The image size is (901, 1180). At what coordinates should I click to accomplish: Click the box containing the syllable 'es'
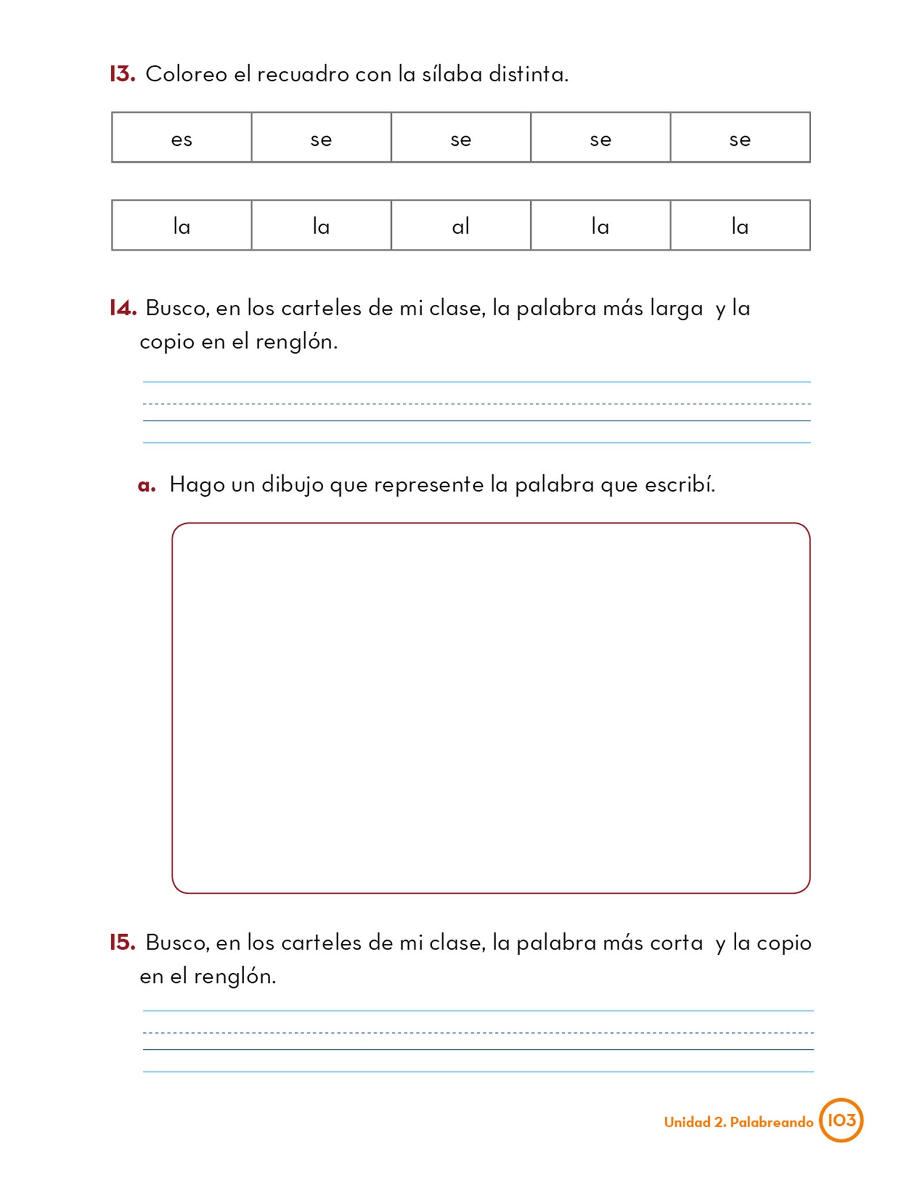pyautogui.click(x=181, y=138)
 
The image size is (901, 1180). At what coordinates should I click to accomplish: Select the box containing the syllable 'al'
pyautogui.click(x=460, y=225)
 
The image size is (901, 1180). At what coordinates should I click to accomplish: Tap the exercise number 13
pyautogui.click(x=122, y=74)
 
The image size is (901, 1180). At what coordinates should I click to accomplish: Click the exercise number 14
pyautogui.click(x=123, y=308)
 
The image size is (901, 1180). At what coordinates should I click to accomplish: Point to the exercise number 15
pyautogui.click(x=122, y=942)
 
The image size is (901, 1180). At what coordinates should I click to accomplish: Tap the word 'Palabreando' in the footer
pyautogui.click(x=771, y=1122)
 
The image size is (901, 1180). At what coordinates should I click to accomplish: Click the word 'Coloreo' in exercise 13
pyautogui.click(x=186, y=74)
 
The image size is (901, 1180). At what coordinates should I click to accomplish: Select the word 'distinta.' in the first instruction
pyautogui.click(x=528, y=74)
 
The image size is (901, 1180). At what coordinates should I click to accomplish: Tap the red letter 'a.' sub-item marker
pyautogui.click(x=146, y=485)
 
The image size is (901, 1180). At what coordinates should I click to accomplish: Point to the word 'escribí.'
pyautogui.click(x=680, y=485)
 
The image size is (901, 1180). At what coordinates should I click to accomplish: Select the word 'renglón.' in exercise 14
pyautogui.click(x=296, y=342)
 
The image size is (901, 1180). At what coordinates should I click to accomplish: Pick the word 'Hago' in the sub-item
pyautogui.click(x=196, y=485)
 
